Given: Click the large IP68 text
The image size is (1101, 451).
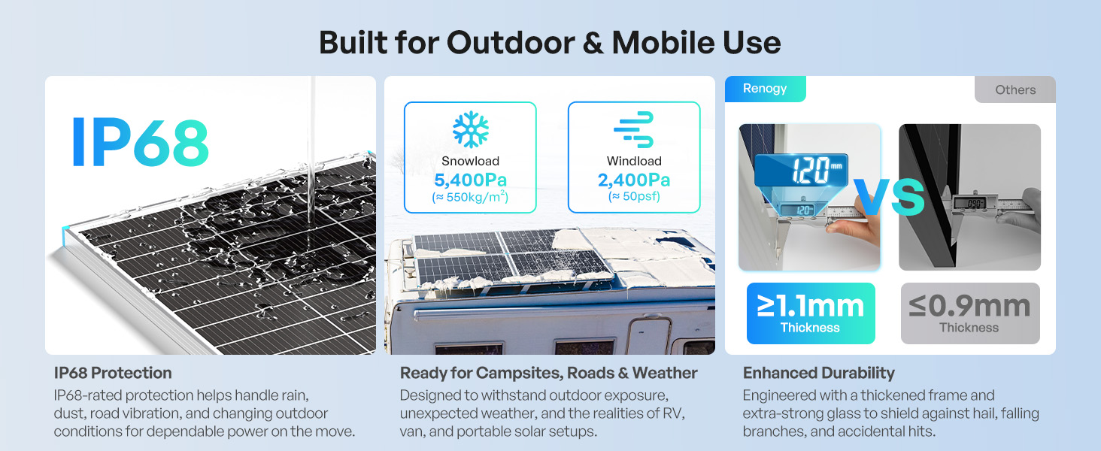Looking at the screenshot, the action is pos(141,142).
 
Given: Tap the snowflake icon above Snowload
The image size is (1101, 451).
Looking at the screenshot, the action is pos(470,129).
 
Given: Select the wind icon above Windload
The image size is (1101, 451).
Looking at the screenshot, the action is pos(633,129).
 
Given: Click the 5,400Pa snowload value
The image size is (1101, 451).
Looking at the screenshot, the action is pos(470,180).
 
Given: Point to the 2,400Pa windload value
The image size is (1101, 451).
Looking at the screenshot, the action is pos(633,180).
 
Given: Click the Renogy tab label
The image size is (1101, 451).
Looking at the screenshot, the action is pos(764,89).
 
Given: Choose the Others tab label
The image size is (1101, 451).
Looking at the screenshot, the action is pos(1015,90).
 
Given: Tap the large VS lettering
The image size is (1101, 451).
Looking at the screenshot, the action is pos(889,196).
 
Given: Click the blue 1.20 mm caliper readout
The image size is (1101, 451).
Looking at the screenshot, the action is pos(801,170).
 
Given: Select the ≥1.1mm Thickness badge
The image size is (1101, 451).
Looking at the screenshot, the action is pos(811,313).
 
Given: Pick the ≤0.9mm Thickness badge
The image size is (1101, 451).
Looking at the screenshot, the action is pos(970,313).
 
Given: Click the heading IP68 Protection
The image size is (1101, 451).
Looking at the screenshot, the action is pos(113,373).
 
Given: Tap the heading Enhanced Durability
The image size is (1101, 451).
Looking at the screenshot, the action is pos(818,373).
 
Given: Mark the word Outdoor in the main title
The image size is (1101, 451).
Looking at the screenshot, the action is pos(511,43).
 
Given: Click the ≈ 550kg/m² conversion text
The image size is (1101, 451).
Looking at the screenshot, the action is pos(470,197).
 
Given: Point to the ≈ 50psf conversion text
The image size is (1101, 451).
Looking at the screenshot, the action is pos(633,196).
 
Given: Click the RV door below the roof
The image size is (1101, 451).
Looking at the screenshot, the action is pos(650,335).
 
